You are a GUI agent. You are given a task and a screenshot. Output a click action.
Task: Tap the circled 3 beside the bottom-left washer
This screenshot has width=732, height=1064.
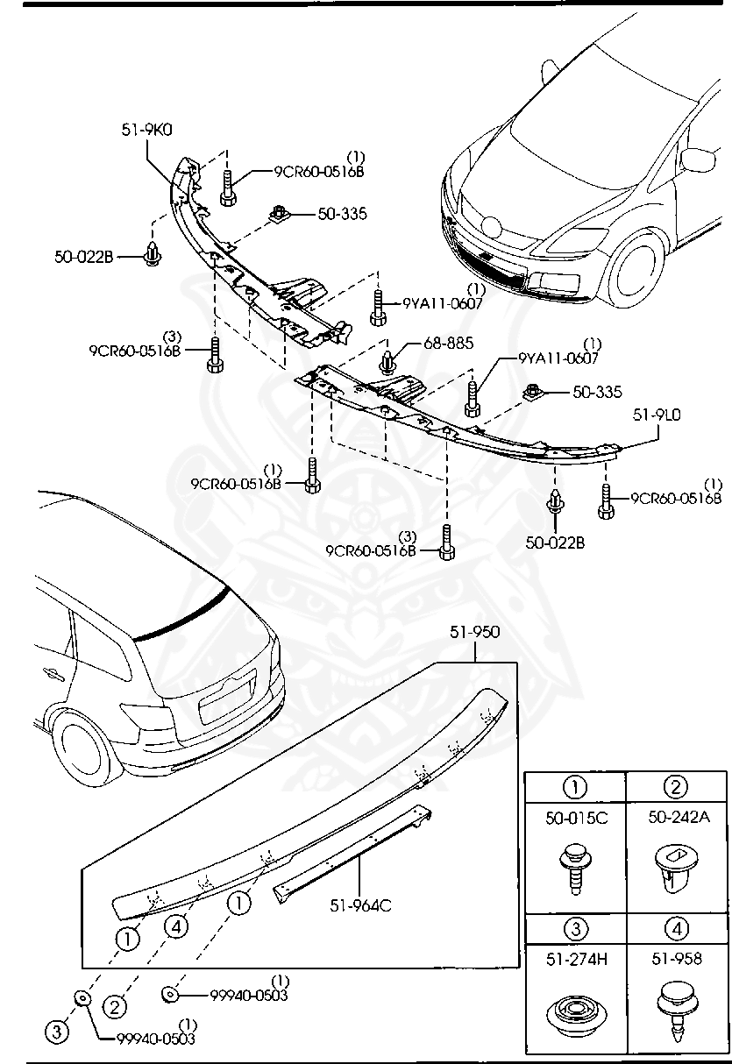point(56,1032)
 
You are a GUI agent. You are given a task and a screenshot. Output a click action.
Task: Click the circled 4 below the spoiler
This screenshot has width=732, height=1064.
point(175,926)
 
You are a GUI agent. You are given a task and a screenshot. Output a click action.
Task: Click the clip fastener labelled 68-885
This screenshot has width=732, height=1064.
point(389,359)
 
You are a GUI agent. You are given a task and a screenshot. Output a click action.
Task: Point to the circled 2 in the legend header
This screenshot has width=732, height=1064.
point(675,787)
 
